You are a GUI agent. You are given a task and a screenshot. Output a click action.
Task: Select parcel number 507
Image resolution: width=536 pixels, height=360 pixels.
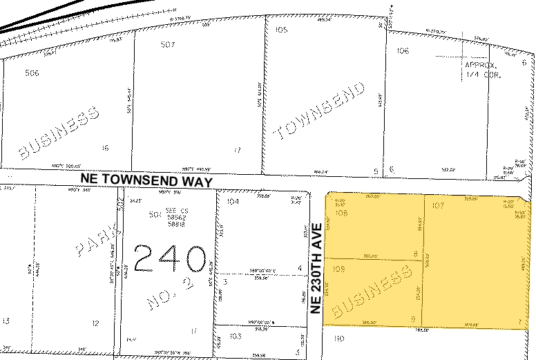point(167,45)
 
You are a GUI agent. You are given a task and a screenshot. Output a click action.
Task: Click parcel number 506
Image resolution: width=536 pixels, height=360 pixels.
point(32,73)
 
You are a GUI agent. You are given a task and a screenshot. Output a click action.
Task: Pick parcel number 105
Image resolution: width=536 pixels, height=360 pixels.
point(281,30)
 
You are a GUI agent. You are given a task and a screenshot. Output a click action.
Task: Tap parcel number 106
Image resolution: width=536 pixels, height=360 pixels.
point(403,51)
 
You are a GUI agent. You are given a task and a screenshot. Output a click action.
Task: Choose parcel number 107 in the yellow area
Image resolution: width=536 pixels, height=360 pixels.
point(437,205)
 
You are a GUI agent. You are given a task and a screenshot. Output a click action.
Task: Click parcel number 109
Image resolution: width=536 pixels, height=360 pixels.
point(339,268)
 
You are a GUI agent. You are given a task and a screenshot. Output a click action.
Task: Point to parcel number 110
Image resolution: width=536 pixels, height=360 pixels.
point(338,339)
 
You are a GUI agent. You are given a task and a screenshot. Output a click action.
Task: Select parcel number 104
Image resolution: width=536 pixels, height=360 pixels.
point(232,202)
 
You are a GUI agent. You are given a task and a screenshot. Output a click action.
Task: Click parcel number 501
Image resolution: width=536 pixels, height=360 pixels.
point(155,215)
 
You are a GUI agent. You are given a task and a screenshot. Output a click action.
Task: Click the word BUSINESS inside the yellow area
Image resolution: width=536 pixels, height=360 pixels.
point(367,296)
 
